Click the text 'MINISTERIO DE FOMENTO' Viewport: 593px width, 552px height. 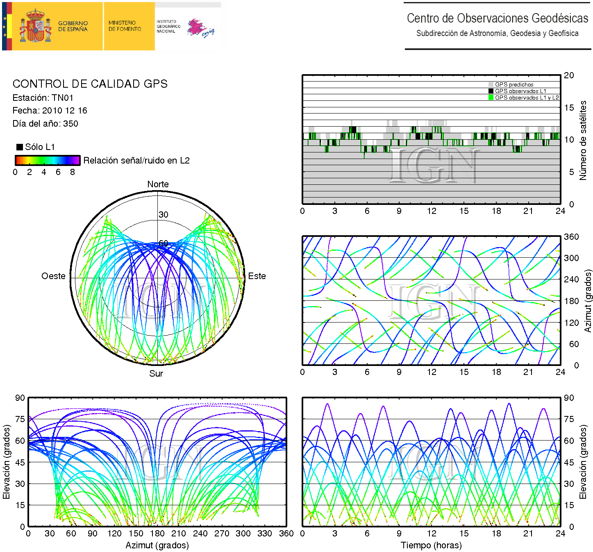click(125, 26)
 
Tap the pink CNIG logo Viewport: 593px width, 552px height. click(200, 28)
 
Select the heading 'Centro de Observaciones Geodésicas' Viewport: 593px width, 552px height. click(497, 18)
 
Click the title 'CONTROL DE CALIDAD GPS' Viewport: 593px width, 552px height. click(90, 84)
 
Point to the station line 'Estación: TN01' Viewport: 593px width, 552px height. click(43, 98)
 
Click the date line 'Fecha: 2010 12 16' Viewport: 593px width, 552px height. click(50, 110)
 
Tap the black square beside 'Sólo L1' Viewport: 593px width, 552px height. click(19, 147)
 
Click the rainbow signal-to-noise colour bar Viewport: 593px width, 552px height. click(47, 160)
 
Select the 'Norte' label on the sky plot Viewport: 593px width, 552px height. click(158, 184)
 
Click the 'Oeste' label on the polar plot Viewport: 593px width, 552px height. click(53, 276)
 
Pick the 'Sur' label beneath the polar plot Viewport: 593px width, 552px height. click(156, 373)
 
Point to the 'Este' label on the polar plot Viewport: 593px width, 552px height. click(257, 276)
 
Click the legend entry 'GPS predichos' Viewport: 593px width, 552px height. click(514, 84)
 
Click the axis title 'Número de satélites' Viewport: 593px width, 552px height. click(583, 140)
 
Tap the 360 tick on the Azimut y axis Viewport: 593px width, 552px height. click(571, 236)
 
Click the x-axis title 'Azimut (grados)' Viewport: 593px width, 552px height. click(157, 545)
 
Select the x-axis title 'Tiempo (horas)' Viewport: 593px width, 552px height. click(431, 545)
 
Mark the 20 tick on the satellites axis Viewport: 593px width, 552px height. click(569, 75)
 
